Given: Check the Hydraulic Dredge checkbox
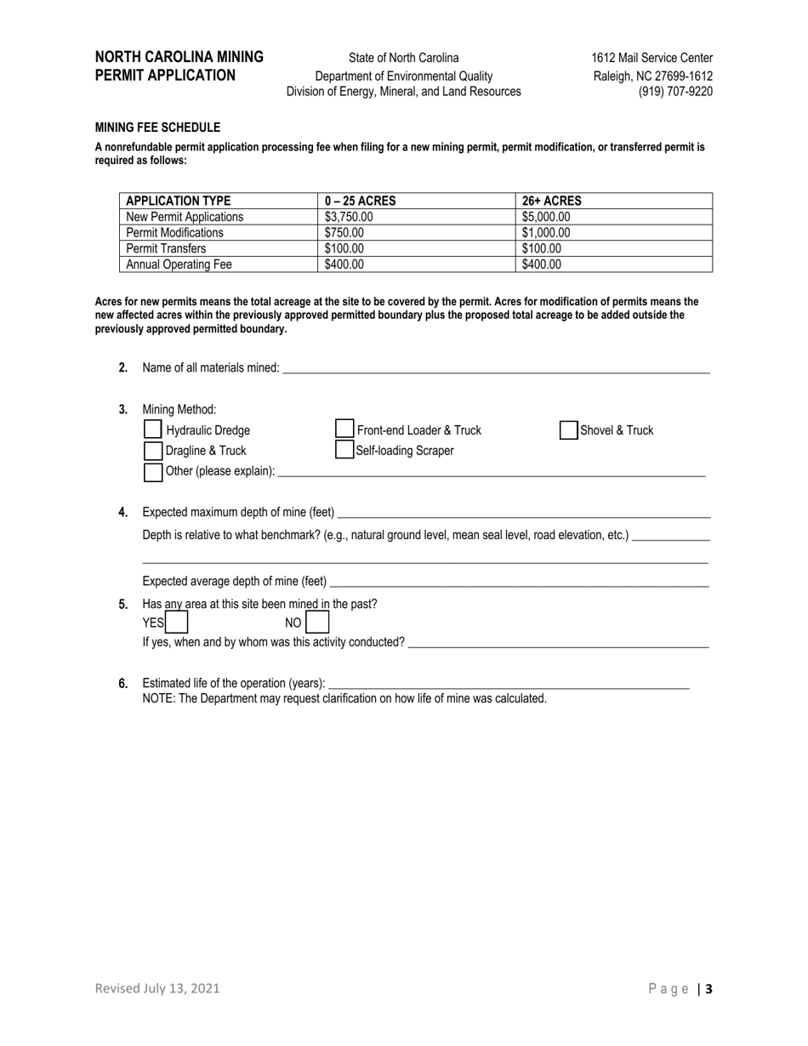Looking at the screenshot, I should tap(153, 430).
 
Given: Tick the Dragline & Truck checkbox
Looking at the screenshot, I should tap(153, 451).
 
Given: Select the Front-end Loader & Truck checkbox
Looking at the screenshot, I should tap(344, 430).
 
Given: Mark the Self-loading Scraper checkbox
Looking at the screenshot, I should tap(344, 451).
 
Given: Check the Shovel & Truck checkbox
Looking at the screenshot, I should tap(569, 430).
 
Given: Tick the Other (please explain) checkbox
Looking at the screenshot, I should tap(153, 472).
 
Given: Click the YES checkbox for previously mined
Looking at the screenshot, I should tap(177, 623).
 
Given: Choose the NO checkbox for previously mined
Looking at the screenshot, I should tap(316, 623).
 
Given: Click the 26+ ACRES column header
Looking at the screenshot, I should tap(552, 202).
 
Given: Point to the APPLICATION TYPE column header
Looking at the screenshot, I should tap(179, 202).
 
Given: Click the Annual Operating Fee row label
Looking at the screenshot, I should tap(179, 264).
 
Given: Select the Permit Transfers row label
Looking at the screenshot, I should tap(166, 249).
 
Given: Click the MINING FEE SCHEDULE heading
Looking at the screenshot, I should tap(157, 128).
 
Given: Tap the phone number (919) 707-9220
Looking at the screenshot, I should tap(675, 92).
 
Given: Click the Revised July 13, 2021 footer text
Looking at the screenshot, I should tap(157, 988).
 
